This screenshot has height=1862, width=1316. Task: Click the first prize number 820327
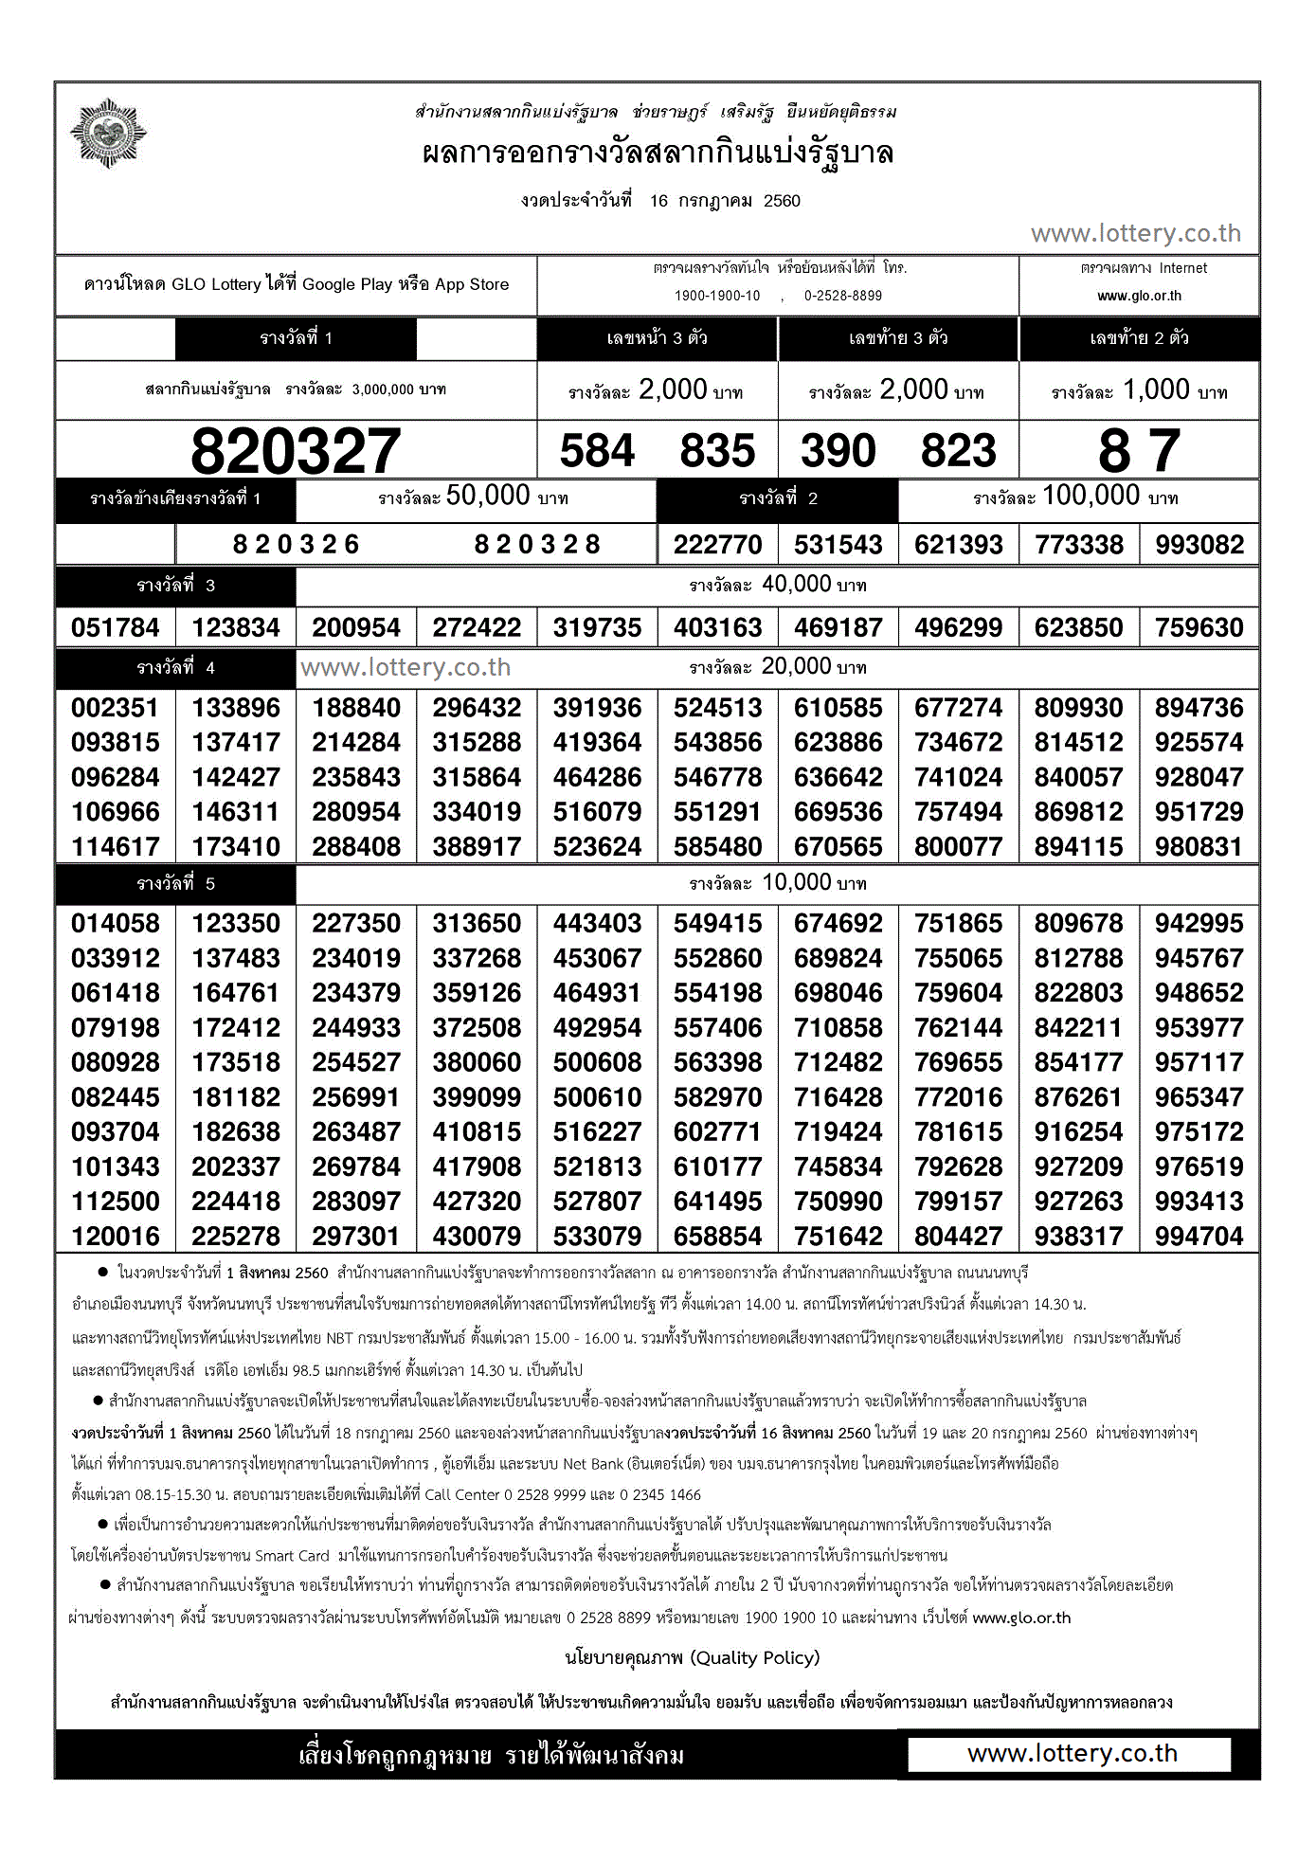296,451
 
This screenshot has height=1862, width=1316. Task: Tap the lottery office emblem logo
109,134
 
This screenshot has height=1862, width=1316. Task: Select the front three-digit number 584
597,451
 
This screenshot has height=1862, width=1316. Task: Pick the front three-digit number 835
717,451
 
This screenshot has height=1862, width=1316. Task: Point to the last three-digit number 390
838,451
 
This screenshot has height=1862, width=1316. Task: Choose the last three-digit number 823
959,451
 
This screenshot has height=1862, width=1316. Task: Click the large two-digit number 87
1139,451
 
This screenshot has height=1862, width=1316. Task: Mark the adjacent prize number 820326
297,545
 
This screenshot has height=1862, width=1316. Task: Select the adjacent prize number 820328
537,545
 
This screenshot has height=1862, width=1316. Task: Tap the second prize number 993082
1199,545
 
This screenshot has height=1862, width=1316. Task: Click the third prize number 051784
116,627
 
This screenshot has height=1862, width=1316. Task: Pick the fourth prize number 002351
116,708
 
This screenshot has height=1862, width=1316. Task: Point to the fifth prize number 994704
1199,1236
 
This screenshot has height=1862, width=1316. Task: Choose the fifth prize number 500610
598,1097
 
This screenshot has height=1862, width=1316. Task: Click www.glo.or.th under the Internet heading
1139,296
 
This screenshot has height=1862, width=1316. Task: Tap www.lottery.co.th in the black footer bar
1072,1753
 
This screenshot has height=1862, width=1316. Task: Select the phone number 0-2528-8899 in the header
843,296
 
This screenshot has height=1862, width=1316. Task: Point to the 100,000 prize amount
1091,496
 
